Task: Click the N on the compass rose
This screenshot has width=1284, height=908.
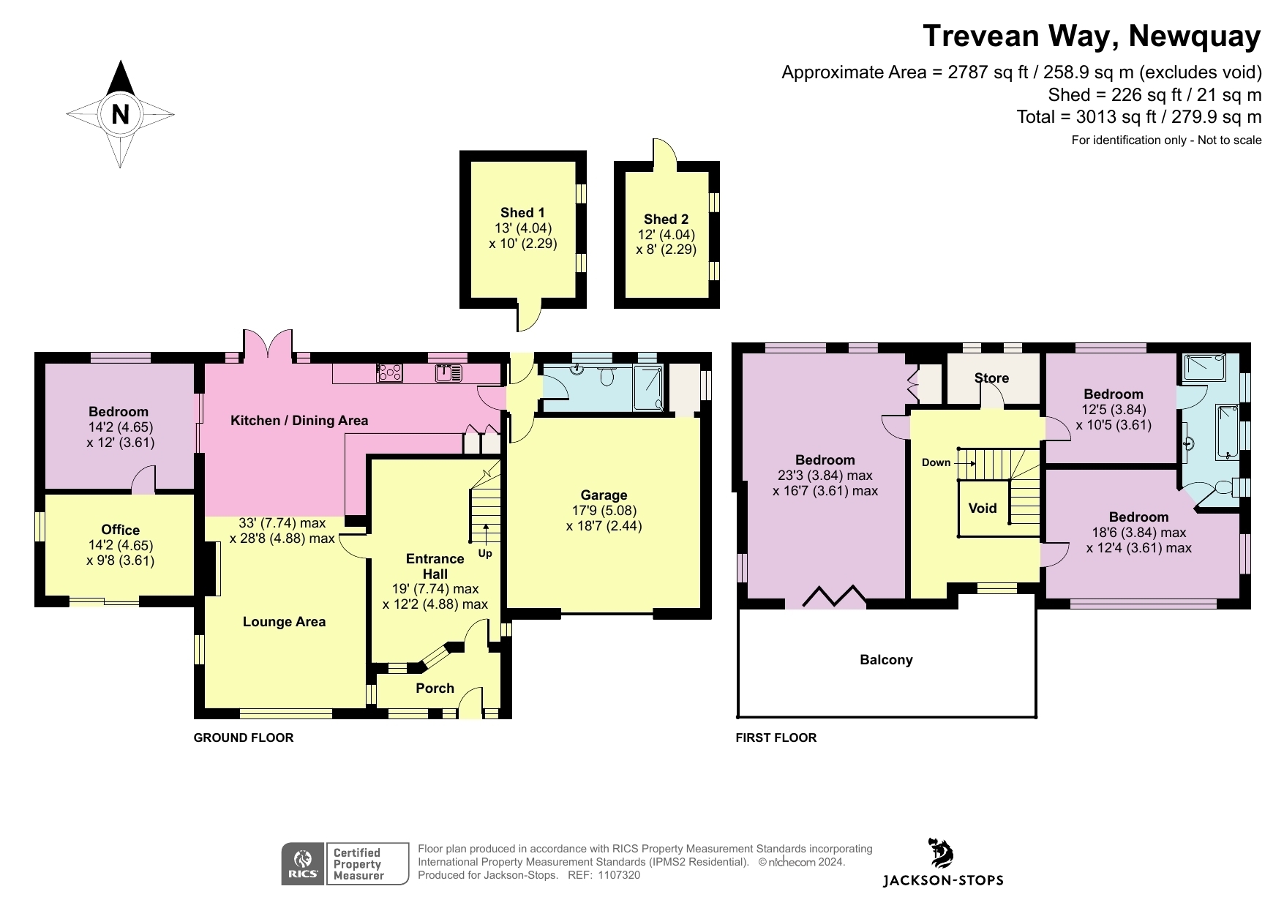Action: coord(120,114)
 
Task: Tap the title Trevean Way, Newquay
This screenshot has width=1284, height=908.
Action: coord(1092,36)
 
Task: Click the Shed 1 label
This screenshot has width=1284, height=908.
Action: coord(522,213)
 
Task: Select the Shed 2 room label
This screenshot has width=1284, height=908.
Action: coord(666,220)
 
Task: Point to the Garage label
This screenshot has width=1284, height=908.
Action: coord(604,495)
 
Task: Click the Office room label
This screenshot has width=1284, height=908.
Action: coord(121,530)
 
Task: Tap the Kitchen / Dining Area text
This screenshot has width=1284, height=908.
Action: coord(299,421)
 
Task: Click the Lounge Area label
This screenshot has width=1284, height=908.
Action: coord(284,622)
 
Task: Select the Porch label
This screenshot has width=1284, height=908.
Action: coord(435,688)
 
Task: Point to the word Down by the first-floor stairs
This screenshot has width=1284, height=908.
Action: coord(936,462)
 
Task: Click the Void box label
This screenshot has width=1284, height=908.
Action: coord(982,509)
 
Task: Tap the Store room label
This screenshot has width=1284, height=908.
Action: coord(991,378)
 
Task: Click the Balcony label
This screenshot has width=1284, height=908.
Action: coord(886,660)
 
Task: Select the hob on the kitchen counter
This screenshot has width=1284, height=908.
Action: coord(389,373)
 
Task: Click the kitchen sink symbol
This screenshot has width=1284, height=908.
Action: coord(448,373)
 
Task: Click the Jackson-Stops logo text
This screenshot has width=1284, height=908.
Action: coord(942,880)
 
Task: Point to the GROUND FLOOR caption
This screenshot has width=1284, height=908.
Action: coord(243,738)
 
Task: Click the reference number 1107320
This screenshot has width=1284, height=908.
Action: coord(619,875)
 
